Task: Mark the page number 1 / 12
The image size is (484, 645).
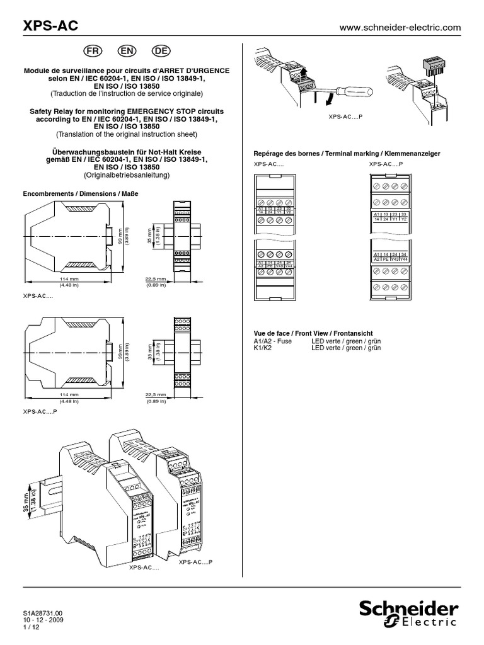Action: point(30,626)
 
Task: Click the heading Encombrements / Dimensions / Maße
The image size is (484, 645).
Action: point(80,193)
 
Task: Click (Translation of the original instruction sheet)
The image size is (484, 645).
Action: point(127,134)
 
